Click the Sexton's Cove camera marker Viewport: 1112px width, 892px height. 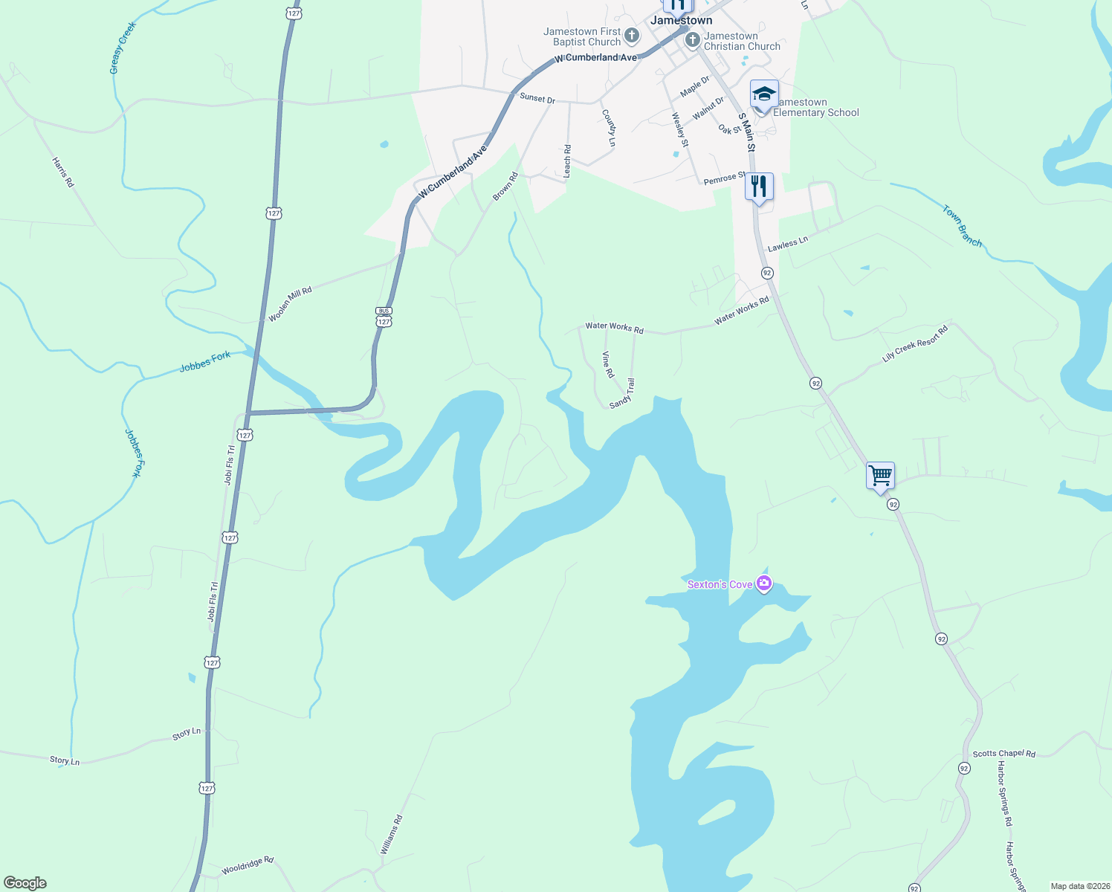pos(763,584)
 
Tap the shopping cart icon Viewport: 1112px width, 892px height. pos(880,474)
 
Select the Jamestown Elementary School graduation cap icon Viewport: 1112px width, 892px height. pos(764,94)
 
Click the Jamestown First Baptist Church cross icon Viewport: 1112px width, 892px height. pos(631,35)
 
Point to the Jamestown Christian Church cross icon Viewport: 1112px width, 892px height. pos(693,36)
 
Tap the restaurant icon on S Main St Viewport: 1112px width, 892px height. pos(758,186)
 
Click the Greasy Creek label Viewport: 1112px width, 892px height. pos(123,48)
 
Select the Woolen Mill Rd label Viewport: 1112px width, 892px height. pos(290,304)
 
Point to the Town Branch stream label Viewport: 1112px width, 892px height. pos(963,226)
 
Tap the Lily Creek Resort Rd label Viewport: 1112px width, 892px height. pos(915,343)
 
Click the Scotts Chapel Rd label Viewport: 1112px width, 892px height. pos(1003,753)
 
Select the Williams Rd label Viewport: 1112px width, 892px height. pos(391,834)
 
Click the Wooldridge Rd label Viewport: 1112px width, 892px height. pos(248,865)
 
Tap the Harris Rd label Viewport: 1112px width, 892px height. pos(63,172)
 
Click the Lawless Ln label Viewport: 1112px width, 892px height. pos(787,244)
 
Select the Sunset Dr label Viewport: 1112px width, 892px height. pos(537,98)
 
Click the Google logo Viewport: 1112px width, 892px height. pos(25,883)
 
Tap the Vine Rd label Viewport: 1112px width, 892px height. pos(608,364)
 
